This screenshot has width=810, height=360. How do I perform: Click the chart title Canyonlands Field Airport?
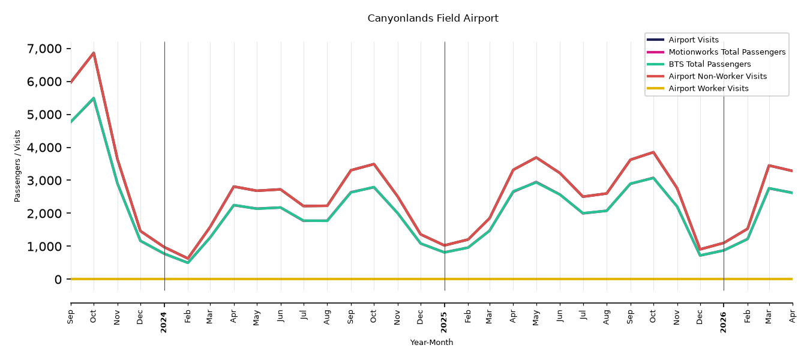tap(433, 18)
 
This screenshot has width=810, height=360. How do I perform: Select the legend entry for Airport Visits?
tap(693, 40)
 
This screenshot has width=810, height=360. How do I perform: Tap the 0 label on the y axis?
tap(58, 280)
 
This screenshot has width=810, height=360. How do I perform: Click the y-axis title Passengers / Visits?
tap(17, 166)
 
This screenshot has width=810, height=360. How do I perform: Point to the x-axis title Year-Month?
tap(431, 342)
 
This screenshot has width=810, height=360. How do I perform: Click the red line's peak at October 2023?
tap(94, 53)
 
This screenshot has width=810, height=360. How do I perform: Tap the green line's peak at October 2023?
tap(94, 98)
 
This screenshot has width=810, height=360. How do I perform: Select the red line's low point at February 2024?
tap(188, 259)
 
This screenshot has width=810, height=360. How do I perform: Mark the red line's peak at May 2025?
tap(536, 157)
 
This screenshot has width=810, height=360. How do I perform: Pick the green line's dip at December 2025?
tap(700, 256)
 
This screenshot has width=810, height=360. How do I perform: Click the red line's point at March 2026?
tap(769, 165)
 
